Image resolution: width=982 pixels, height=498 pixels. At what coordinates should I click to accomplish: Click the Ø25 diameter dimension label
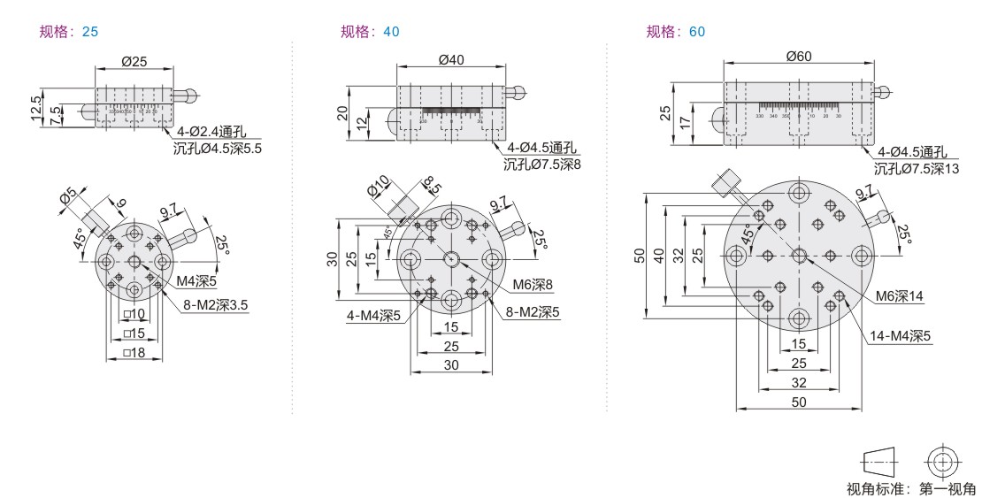(x=134, y=62)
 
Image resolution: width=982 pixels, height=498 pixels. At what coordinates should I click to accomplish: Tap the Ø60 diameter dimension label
(x=798, y=56)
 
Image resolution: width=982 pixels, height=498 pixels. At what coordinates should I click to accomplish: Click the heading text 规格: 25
(x=69, y=32)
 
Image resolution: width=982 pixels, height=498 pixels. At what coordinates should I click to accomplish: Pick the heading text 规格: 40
(x=370, y=32)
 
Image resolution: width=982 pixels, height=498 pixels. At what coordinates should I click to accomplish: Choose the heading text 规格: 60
(x=676, y=32)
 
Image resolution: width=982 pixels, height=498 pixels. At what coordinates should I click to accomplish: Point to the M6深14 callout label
(x=899, y=297)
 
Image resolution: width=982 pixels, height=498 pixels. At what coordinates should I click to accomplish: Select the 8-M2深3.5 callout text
(x=216, y=305)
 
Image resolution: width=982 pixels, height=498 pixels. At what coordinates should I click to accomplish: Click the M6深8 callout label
(x=532, y=285)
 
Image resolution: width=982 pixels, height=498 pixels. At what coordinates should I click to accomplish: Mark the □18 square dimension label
(x=134, y=353)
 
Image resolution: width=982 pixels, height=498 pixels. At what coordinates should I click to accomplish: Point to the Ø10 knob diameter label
(x=379, y=188)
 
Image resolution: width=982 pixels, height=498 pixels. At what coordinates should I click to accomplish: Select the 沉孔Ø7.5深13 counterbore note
(x=917, y=168)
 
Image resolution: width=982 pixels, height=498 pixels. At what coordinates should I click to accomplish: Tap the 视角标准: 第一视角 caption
(x=911, y=488)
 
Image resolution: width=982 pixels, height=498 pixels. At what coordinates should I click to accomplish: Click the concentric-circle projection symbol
(x=941, y=461)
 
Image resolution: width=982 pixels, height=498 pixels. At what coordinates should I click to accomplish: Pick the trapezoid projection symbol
(x=878, y=461)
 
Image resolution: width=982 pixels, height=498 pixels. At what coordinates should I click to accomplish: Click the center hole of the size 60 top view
(x=799, y=256)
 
